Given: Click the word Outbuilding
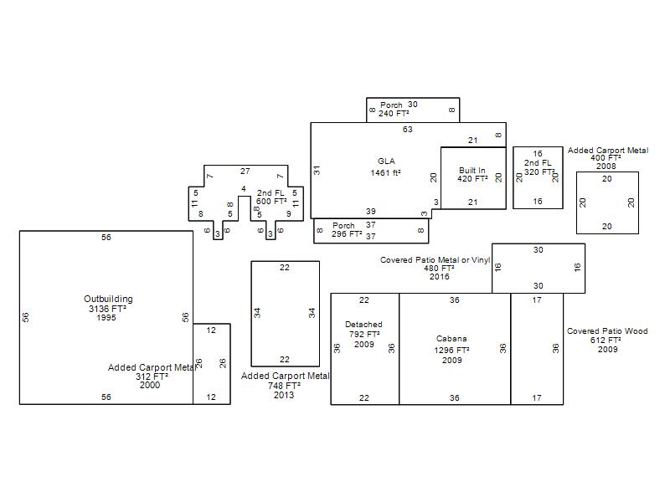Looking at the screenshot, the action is point(108,299).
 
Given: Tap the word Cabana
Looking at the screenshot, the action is point(451,339).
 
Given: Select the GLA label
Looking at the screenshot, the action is point(386,161).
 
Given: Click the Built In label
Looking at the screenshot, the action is point(472,171).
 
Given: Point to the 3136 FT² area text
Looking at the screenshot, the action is point(107,308).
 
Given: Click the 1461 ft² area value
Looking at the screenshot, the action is point(385,172).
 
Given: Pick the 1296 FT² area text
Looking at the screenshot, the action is point(451,350).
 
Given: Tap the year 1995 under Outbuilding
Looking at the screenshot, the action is point(106,318).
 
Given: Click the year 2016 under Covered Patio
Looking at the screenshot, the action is point(439,277).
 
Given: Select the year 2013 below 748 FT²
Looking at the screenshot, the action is point(284,395).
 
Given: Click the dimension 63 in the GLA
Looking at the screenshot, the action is point(408,130).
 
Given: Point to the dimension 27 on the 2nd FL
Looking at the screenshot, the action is point(245,172).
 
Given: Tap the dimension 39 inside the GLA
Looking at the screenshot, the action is point(371,212).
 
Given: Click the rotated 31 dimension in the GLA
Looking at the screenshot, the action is point(317,171).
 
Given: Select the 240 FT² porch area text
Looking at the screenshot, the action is point(394,114).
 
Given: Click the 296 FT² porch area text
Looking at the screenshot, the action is point(347,234).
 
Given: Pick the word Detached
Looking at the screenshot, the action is point(363,325).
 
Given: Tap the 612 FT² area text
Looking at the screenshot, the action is point(606,341).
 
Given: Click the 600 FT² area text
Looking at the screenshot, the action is point(271,201).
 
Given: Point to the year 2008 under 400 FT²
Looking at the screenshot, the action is point(606,166).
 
